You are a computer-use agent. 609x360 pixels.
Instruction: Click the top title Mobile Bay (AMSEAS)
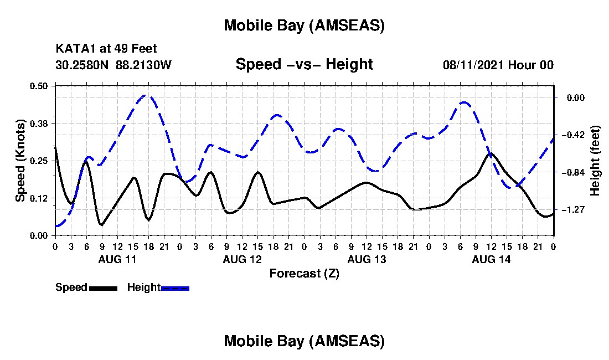[304, 25]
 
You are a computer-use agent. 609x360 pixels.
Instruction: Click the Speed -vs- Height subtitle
[304, 65]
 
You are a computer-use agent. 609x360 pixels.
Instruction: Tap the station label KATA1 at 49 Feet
[110, 49]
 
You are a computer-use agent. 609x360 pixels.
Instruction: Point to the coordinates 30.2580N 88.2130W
[113, 65]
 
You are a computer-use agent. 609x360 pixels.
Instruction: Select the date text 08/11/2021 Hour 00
[498, 65]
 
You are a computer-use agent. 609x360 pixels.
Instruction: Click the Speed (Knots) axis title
[20, 160]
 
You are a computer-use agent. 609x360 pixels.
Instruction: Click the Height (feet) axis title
[596, 161]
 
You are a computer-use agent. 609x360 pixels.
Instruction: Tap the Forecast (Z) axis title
[304, 273]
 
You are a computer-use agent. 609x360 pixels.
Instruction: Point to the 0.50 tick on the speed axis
[39, 86]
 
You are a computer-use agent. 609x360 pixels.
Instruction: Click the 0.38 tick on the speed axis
[39, 123]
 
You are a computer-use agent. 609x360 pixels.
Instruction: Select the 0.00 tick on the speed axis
[39, 235]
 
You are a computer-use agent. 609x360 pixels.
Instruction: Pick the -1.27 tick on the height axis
[570, 210]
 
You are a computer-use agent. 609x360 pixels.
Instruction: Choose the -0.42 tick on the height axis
[570, 135]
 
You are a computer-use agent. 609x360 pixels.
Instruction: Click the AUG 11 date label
[117, 259]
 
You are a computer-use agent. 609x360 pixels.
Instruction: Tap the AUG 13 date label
[367, 259]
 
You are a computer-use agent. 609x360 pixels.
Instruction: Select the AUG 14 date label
[491, 259]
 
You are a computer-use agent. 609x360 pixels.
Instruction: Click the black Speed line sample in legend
[103, 288]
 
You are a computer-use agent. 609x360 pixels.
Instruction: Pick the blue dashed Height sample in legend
[175, 288]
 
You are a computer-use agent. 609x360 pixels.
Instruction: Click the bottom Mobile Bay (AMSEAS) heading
[304, 341]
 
